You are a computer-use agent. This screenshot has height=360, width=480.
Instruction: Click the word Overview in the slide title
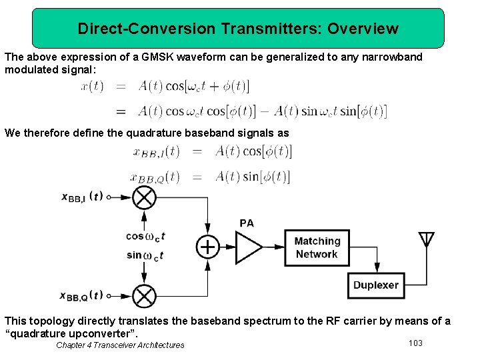click(x=363, y=29)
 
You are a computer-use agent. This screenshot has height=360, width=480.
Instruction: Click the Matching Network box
click(x=317, y=247)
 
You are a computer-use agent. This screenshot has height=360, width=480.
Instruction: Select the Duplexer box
click(x=376, y=285)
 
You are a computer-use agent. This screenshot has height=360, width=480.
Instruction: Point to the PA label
click(x=247, y=223)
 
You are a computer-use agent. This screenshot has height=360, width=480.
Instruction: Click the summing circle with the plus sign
click(x=208, y=247)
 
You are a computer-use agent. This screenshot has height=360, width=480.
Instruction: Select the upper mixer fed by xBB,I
click(x=144, y=197)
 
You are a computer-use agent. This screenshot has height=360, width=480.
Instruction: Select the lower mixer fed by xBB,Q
click(x=144, y=295)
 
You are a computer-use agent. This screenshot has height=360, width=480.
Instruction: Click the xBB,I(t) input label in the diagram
click(x=82, y=197)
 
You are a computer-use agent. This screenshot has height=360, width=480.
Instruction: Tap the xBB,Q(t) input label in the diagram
click(x=82, y=295)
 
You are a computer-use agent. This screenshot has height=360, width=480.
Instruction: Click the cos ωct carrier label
click(x=145, y=236)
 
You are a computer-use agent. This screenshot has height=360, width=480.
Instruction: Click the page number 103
click(x=415, y=343)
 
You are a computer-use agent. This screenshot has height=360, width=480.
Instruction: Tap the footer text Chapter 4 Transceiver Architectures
click(x=120, y=345)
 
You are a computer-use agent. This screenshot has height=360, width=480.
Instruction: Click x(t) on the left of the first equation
click(x=92, y=85)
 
